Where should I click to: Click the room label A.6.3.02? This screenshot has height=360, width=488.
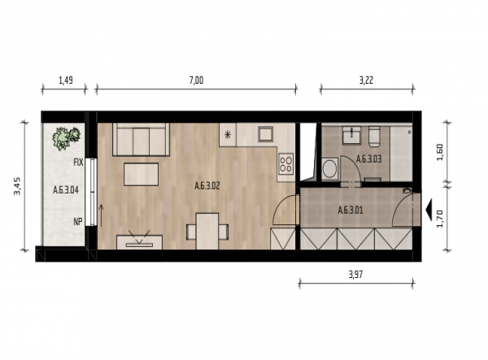[207, 186]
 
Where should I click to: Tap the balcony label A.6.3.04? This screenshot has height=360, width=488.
[66, 189]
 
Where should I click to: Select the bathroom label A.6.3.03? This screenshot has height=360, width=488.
[368, 159]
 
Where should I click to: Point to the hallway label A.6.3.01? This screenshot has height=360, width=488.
[351, 210]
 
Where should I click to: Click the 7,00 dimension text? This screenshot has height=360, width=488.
[196, 80]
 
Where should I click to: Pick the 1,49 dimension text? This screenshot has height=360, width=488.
[66, 80]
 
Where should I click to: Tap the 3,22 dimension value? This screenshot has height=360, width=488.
[366, 80]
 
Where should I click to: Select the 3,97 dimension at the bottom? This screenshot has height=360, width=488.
[355, 275]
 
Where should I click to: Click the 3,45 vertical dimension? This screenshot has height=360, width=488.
[17, 186]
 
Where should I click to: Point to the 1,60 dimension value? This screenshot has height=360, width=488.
[440, 152]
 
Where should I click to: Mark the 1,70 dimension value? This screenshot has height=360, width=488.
[440, 219]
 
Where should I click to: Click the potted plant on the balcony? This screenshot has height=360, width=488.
[66, 137]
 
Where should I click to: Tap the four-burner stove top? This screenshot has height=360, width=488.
[286, 163]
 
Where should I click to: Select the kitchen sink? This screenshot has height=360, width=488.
[265, 134]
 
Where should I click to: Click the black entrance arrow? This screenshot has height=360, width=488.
[429, 210]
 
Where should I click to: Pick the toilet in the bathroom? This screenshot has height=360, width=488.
[374, 137]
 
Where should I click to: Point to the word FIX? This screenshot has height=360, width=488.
[78, 163]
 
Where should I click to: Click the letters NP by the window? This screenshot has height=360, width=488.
[78, 221]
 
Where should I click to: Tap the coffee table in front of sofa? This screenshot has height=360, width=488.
[142, 174]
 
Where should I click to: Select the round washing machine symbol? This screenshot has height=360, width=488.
[330, 169]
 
